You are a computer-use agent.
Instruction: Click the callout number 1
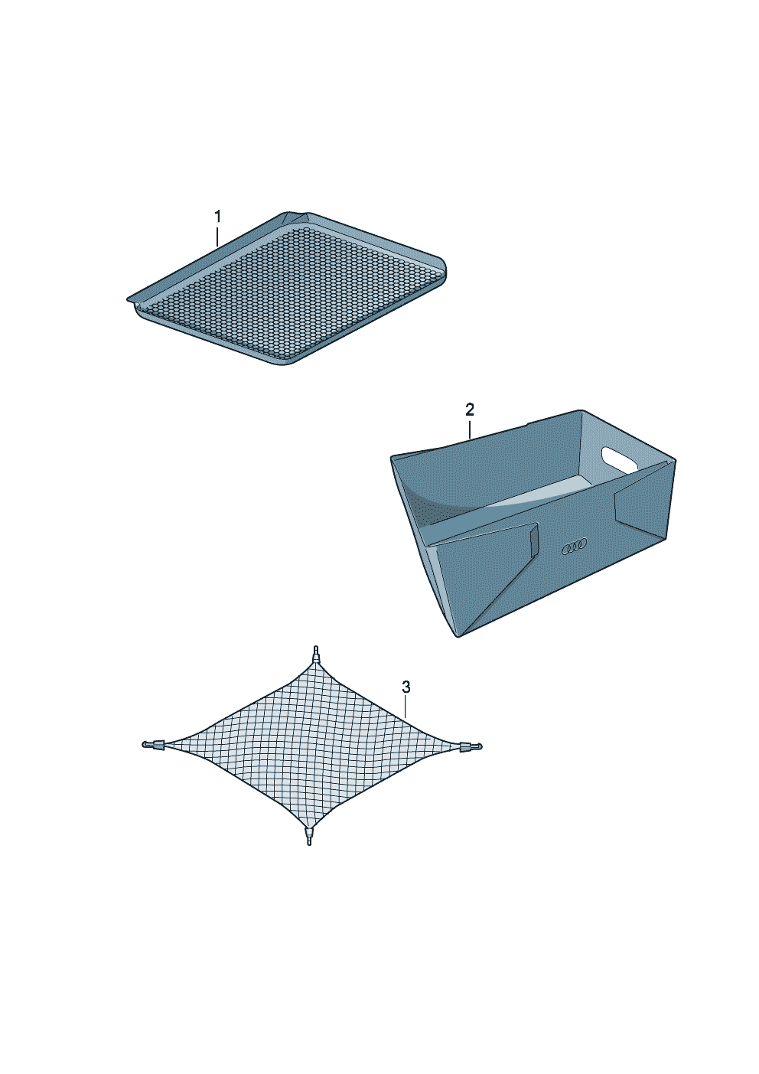click(x=217, y=217)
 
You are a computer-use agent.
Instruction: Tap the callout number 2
click(x=470, y=410)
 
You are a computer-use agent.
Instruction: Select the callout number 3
click(x=406, y=687)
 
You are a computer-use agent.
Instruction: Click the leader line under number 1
click(x=217, y=237)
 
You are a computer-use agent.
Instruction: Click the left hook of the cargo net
click(x=153, y=744)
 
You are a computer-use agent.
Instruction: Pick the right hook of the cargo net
click(x=471, y=746)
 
